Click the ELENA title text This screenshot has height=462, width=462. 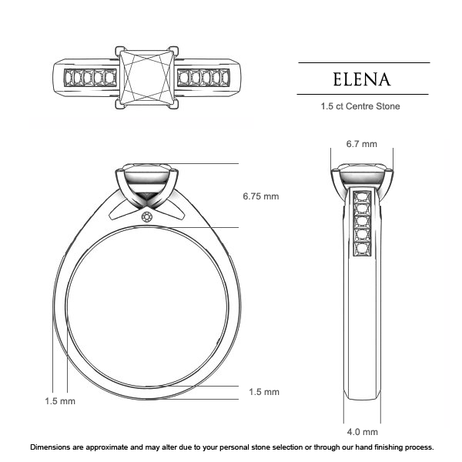tap(363, 79)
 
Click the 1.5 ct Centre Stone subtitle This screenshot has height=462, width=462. tap(360, 106)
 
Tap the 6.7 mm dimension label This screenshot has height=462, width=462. tap(361, 144)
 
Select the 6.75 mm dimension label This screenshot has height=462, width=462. tap(260, 196)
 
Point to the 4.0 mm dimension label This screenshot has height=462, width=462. tap(362, 432)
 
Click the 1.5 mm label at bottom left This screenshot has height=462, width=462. tap(60, 401)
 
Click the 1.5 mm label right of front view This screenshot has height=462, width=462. tap(264, 392)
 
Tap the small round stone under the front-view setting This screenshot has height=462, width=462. tap(147, 218)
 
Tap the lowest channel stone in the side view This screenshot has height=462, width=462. tap(362, 249)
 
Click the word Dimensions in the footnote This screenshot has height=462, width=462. tap(53, 447)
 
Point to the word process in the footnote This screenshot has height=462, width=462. tap(417, 447)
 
